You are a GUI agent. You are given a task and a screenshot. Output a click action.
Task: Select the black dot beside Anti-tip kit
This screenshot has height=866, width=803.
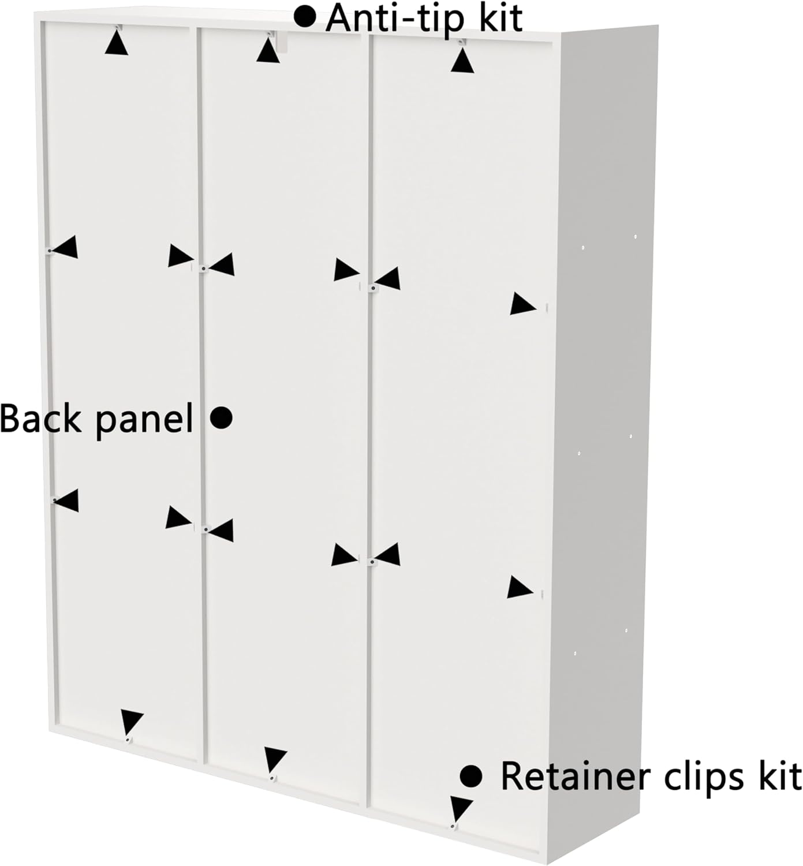click(x=305, y=17)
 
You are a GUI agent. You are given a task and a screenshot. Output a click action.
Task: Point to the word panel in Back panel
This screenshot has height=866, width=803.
click(x=144, y=420)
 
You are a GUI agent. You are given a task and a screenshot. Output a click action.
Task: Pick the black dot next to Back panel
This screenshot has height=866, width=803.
click(x=221, y=417)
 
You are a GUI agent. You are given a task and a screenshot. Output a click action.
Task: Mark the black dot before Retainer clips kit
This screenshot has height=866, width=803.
click(x=471, y=776)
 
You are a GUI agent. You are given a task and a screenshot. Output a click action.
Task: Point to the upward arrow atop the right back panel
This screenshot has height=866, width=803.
click(x=462, y=62)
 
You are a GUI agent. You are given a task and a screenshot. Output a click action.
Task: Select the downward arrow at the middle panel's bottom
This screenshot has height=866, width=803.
click(x=275, y=759)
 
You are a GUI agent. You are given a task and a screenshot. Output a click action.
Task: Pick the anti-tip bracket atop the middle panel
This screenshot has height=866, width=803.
click(x=280, y=40)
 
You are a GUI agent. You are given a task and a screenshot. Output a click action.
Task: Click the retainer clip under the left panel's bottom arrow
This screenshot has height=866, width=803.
click(x=127, y=740)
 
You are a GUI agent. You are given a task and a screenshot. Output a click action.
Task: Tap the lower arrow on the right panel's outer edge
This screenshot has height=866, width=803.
click(x=519, y=588)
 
